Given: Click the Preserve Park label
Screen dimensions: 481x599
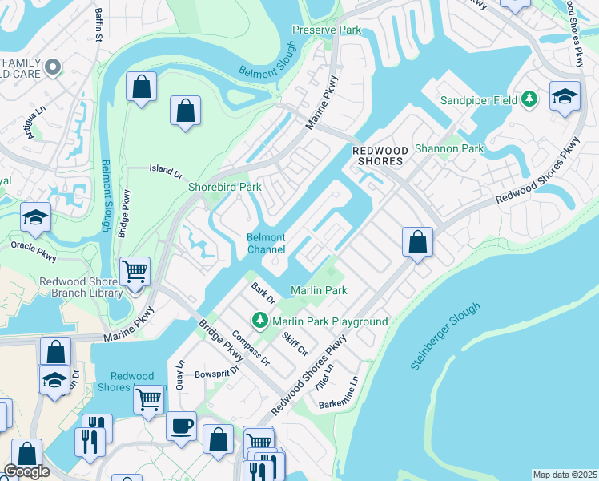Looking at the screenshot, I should pos(327,30).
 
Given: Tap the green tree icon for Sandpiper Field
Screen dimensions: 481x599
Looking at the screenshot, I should pos(529,99).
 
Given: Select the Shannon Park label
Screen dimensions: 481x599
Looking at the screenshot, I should pos(449,148).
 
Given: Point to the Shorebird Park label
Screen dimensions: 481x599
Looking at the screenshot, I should pos(225,187).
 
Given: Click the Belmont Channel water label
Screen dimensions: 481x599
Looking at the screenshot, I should pos(266,244).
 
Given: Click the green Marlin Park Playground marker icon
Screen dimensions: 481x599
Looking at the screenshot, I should pos(259,321).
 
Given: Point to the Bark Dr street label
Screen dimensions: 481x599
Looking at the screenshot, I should pos(263,293).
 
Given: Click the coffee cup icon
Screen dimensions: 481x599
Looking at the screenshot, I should pos(181,425).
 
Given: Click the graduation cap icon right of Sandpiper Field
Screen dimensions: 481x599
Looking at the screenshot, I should pos(565,95).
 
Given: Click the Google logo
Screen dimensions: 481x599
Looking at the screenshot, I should pos(26,471).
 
